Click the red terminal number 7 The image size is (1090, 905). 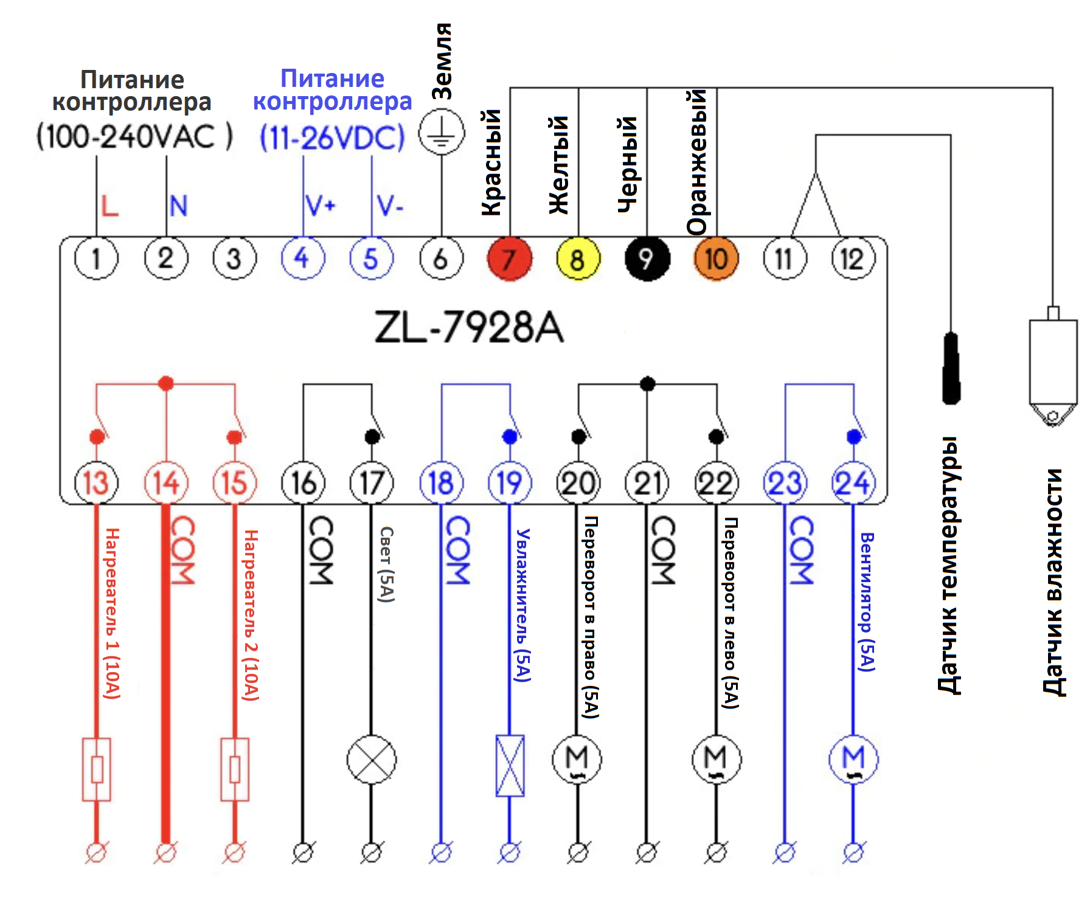coord(510,258)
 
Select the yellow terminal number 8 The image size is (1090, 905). coord(578,258)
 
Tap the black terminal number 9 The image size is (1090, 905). coord(647,258)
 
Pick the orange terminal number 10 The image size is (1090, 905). coord(717,258)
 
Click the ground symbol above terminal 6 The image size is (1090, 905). coord(442,133)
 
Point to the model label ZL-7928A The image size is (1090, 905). coord(469,328)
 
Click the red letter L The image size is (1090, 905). coord(109,206)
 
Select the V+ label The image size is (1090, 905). coord(321,206)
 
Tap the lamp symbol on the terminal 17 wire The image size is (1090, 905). coord(371,760)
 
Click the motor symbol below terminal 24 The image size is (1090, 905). coord(853,760)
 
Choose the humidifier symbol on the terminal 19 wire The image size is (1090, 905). coord(510,766)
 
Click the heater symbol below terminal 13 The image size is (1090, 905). coord(96,769)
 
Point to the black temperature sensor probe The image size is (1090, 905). coord(951,368)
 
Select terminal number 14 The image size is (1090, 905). coord(166,483)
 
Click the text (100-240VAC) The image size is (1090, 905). coord(134,136)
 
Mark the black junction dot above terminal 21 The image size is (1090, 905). coord(648,384)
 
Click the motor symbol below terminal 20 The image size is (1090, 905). coord(577,760)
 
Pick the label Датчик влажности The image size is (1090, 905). coord(1053,582)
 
